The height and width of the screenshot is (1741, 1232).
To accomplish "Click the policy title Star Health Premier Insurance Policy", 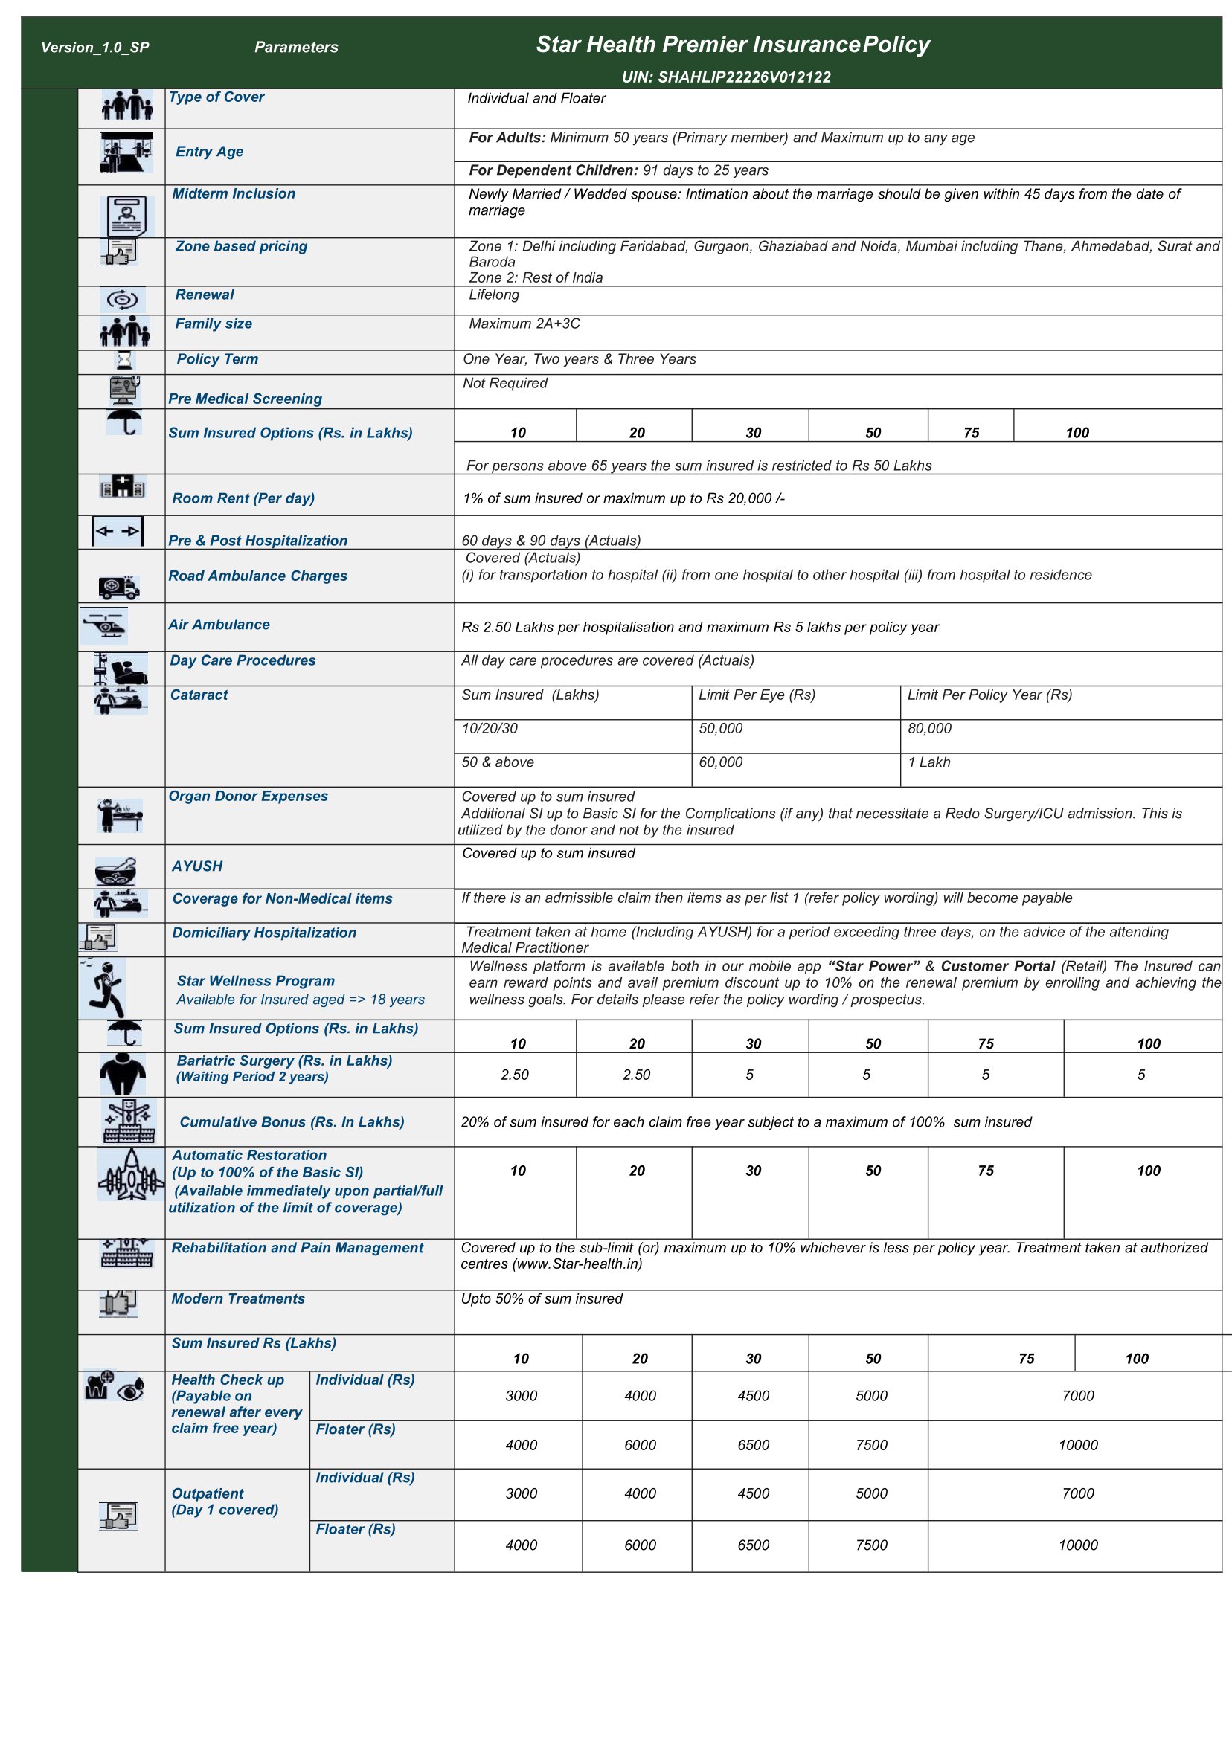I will (x=732, y=45).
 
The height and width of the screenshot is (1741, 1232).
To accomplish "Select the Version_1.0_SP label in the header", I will (x=94, y=48).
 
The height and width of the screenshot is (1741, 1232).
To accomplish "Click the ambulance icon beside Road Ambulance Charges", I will (x=119, y=586).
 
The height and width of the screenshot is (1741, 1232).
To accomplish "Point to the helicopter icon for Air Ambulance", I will (x=104, y=625).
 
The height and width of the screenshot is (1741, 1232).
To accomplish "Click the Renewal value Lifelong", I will (x=494, y=295).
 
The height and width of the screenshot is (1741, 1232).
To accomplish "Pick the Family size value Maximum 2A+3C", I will (x=524, y=324).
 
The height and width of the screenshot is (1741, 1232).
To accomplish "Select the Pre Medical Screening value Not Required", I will (x=504, y=383).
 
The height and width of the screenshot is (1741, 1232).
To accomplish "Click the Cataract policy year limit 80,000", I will (x=929, y=728).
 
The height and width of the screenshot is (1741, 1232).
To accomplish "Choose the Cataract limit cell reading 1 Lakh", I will (x=928, y=762).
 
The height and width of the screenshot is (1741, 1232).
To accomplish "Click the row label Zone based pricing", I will (x=241, y=246).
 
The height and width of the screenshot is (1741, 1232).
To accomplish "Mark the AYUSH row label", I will (x=197, y=866).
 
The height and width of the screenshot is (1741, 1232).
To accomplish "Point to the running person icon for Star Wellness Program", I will (x=107, y=988).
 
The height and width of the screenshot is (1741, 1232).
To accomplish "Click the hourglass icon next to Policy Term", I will (x=123, y=360).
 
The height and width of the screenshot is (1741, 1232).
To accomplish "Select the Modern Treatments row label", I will (x=238, y=1299).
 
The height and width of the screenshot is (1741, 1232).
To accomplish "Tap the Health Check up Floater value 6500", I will (x=753, y=1445).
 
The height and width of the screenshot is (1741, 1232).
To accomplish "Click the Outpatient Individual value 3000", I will (x=522, y=1494).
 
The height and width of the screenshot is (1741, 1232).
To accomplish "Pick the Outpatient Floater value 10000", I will (x=1077, y=1545).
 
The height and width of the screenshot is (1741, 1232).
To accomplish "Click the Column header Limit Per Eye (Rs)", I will (x=757, y=695).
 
